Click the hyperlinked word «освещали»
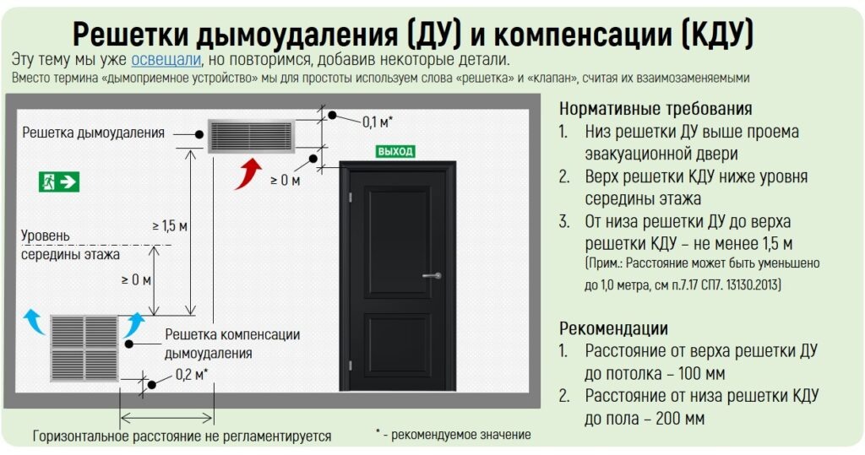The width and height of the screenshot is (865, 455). click(166, 60)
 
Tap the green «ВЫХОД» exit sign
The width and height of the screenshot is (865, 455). click(395, 152)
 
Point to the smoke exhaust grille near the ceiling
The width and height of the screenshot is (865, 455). click(251, 135)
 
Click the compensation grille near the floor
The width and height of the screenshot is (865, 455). click(84, 347)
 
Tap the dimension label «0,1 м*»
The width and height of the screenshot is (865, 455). click(378, 122)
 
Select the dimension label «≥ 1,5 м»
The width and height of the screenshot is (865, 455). click(169, 225)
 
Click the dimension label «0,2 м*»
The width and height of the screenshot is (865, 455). click(192, 375)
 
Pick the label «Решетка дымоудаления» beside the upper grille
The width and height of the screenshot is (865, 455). click(94, 133)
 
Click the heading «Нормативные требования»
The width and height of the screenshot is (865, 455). click(656, 110)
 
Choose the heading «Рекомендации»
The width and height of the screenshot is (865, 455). click(613, 328)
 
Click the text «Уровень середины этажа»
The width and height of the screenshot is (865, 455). click(70, 245)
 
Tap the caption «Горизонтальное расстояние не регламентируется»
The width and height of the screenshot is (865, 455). click(182, 436)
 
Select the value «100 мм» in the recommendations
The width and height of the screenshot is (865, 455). click(697, 373)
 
